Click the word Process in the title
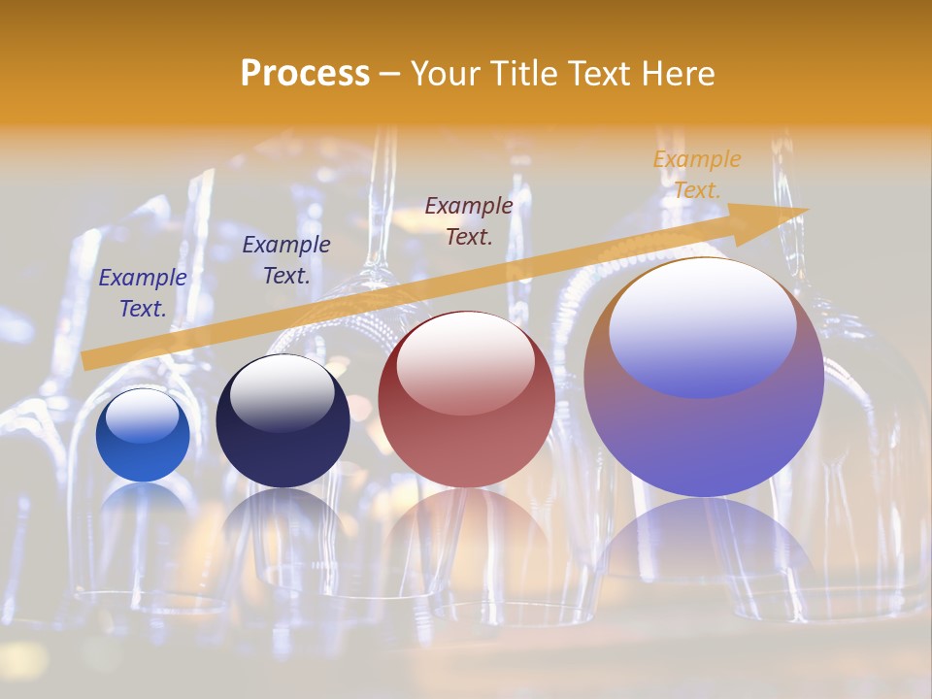(305, 74)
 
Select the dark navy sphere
(283, 421)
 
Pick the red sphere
(466, 400)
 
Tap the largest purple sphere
(704, 378)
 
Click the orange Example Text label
(697, 175)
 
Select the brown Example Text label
(469, 220)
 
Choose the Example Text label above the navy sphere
(286, 260)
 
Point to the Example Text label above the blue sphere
(143, 293)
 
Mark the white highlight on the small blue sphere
(143, 416)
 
